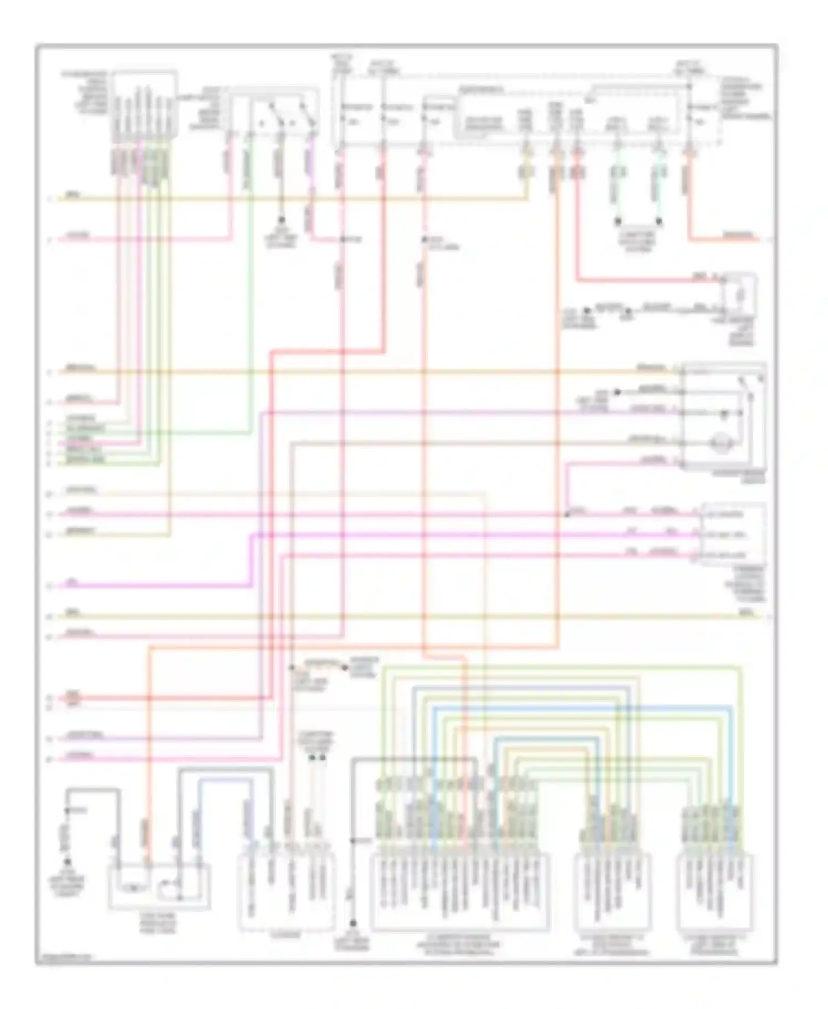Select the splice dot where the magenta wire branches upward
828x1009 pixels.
click(x=566, y=514)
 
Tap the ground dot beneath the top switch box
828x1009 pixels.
click(x=281, y=220)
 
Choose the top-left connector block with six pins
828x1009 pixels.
click(x=145, y=105)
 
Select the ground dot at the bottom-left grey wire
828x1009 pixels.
click(x=67, y=862)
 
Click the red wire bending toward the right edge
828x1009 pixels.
click(x=723, y=239)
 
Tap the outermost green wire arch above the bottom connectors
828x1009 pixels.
click(x=560, y=668)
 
